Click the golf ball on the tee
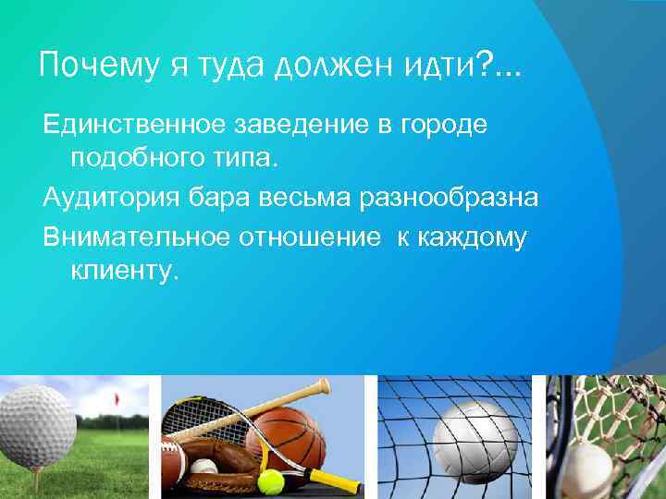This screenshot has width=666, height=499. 35,426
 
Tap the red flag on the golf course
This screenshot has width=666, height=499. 117,400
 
